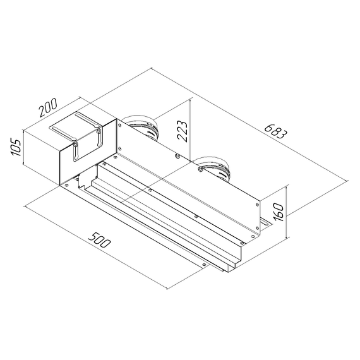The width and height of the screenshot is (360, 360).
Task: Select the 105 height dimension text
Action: pos(17,147)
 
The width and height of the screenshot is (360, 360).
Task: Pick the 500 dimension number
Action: pos(97,239)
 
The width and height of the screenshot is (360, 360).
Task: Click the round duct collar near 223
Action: pos(141,126)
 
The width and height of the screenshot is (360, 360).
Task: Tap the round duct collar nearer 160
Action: pos(214,167)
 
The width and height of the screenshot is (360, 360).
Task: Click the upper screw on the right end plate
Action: pos(258,204)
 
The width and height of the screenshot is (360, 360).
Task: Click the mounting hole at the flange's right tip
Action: pos(203,265)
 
